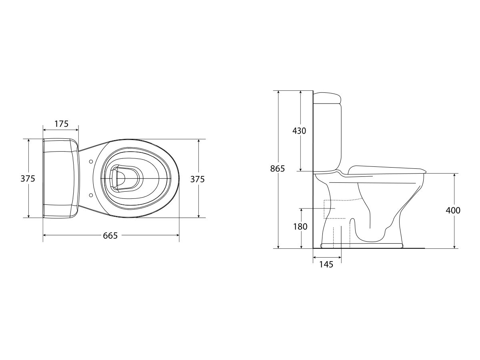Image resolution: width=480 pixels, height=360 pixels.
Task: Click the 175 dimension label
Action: pyautogui.click(x=61, y=124)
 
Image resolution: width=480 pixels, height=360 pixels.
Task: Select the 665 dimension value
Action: pyautogui.click(x=110, y=236)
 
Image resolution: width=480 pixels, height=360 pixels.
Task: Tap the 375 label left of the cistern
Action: pyautogui.click(x=28, y=179)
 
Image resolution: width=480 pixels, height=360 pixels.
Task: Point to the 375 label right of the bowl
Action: pyautogui.click(x=208, y=179)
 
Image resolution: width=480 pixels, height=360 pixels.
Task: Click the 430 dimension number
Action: pyautogui.click(x=299, y=131)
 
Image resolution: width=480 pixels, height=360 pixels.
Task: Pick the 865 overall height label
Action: pyautogui.click(x=277, y=168)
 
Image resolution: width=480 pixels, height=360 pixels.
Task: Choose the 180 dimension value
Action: pyautogui.click(x=300, y=227)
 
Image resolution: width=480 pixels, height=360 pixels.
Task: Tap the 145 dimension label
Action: pyautogui.click(x=326, y=264)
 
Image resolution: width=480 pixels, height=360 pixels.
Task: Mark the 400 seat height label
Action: pyautogui.click(x=453, y=210)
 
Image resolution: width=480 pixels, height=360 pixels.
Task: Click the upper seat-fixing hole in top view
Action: pyautogui.click(x=91, y=162)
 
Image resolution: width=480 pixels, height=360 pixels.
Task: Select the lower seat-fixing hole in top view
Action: pyautogui.click(x=91, y=195)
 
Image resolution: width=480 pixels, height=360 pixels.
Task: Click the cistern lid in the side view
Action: pyautogui.click(x=327, y=97)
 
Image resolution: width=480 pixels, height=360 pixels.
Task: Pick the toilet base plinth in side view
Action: pyautogui.click(x=362, y=244)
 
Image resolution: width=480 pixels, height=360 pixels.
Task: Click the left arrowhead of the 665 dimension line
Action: pyautogui.click(x=44, y=235)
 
